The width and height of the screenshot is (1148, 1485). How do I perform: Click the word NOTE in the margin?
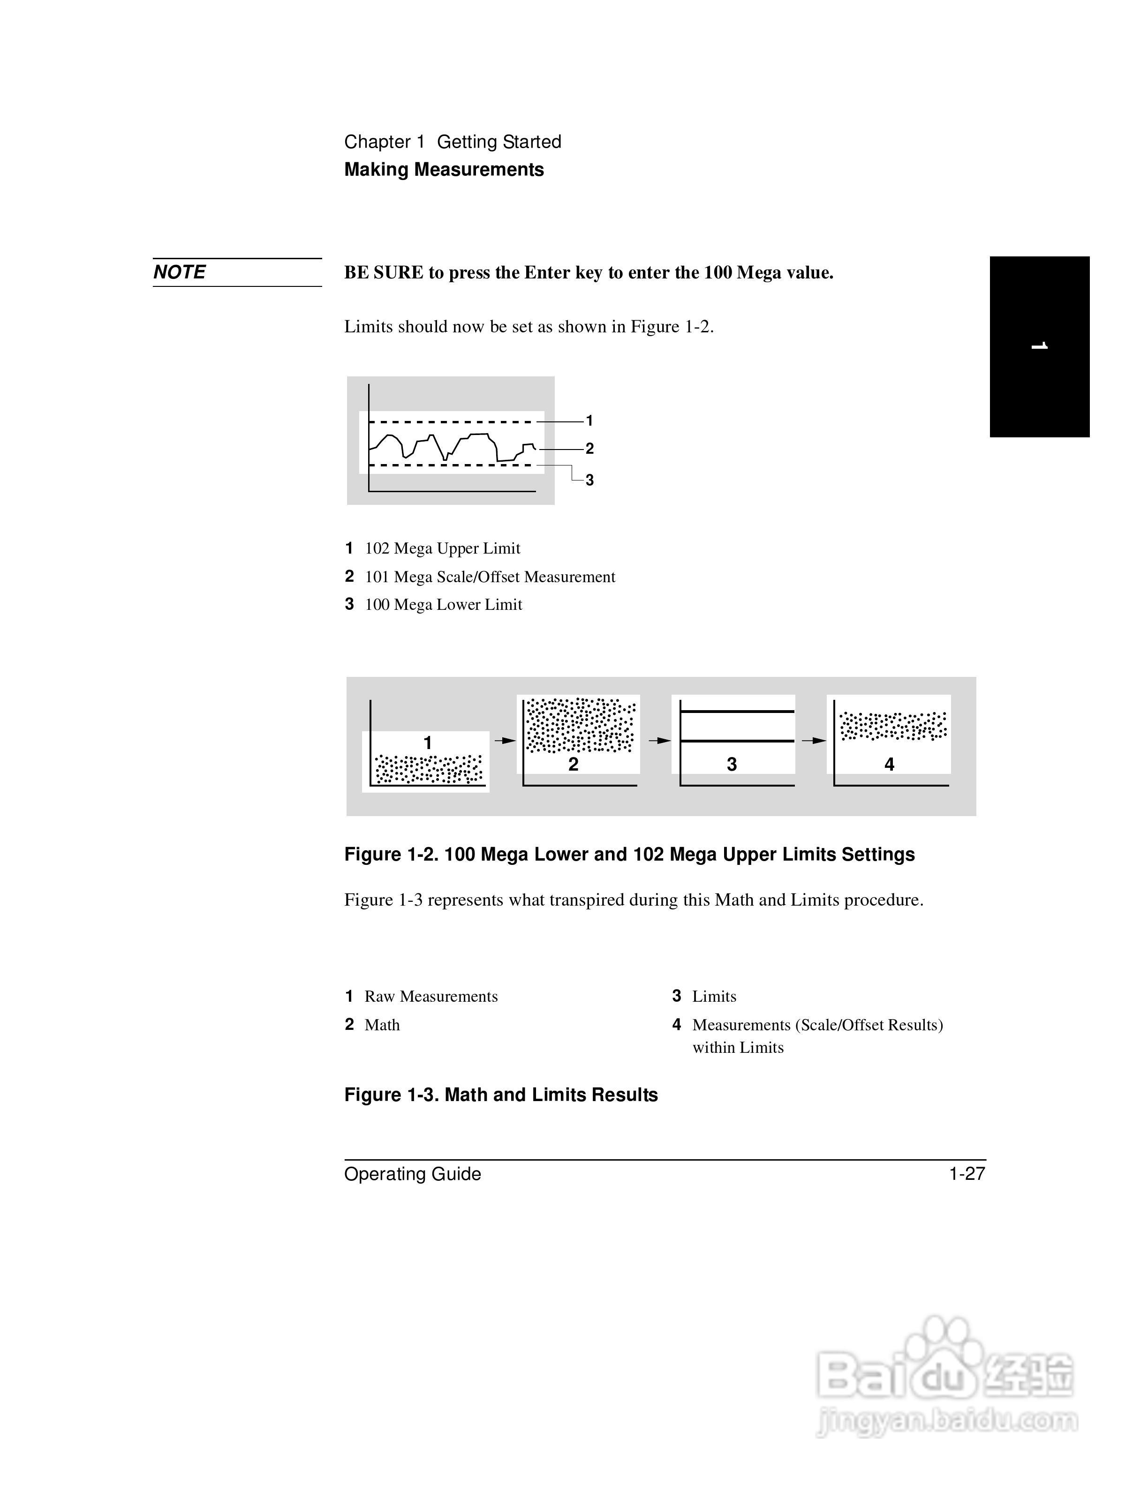coord(180,273)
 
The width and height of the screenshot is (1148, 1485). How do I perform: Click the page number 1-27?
coord(967,1174)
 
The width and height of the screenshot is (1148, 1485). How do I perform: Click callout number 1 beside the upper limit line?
coord(589,421)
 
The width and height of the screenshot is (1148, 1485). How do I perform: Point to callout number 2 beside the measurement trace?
coord(589,449)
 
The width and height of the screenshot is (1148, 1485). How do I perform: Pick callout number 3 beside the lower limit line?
coord(589,480)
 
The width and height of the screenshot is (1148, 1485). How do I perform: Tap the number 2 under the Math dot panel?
coord(574,764)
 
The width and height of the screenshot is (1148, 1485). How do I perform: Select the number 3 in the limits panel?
coord(732,764)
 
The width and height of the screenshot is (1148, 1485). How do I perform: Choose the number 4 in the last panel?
coord(889,764)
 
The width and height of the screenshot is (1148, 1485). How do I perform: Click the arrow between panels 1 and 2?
coord(505,741)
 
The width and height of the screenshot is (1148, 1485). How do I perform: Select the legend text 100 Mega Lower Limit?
coord(444,605)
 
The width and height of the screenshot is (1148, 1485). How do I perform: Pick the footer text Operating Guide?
coord(412,1174)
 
